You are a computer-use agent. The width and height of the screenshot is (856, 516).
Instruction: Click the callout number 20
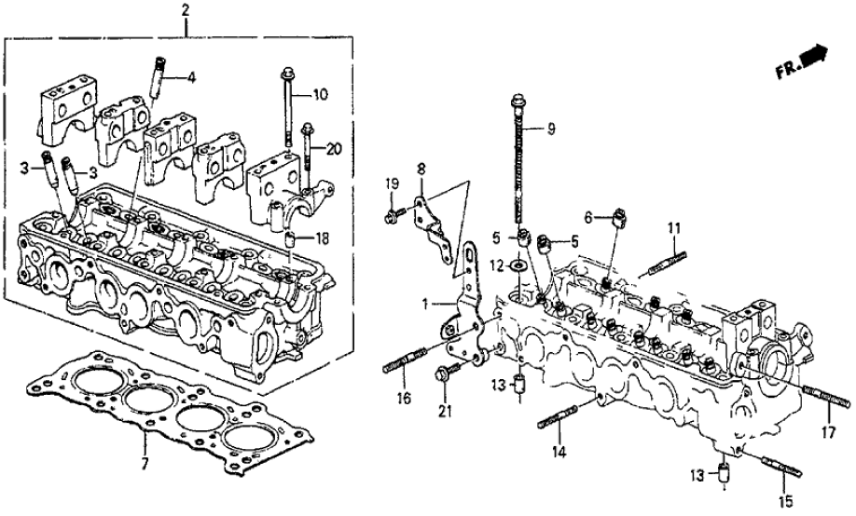click(x=336, y=148)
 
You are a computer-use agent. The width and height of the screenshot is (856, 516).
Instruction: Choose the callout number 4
click(x=191, y=78)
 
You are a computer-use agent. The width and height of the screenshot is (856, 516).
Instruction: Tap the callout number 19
click(x=392, y=183)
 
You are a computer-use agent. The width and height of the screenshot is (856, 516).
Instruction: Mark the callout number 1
click(x=423, y=303)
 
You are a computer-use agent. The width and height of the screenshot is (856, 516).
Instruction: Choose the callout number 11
click(x=674, y=227)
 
